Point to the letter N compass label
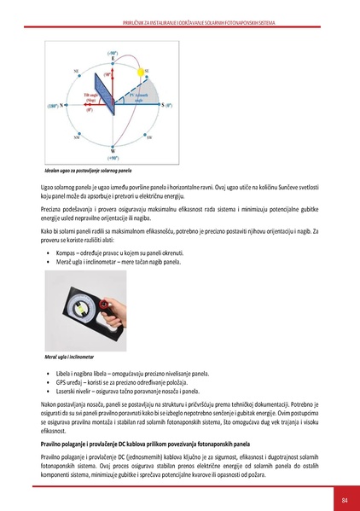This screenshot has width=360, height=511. pos(62,106)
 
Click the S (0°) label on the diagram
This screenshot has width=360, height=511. pos(166,105)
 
